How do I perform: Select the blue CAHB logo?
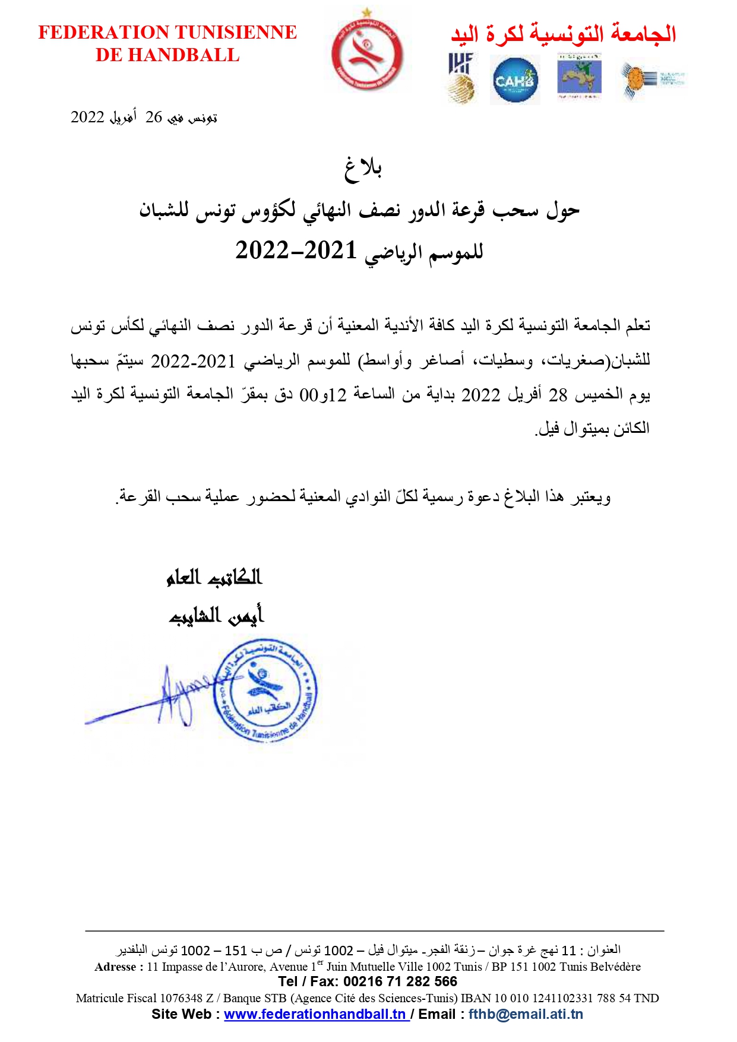coord(515,80)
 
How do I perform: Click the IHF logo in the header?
coord(461,78)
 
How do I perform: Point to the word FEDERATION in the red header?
coord(105,32)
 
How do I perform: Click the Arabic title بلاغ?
coord(363,169)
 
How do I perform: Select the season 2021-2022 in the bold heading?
coord(296,251)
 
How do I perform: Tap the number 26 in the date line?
coord(154,117)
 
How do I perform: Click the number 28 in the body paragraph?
coord(558,394)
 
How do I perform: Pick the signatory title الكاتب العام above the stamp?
coord(214,577)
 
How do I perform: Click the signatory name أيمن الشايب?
coord(216,616)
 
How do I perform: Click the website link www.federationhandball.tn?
coord(315,1014)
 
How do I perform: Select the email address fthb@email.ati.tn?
coord(526,1014)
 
